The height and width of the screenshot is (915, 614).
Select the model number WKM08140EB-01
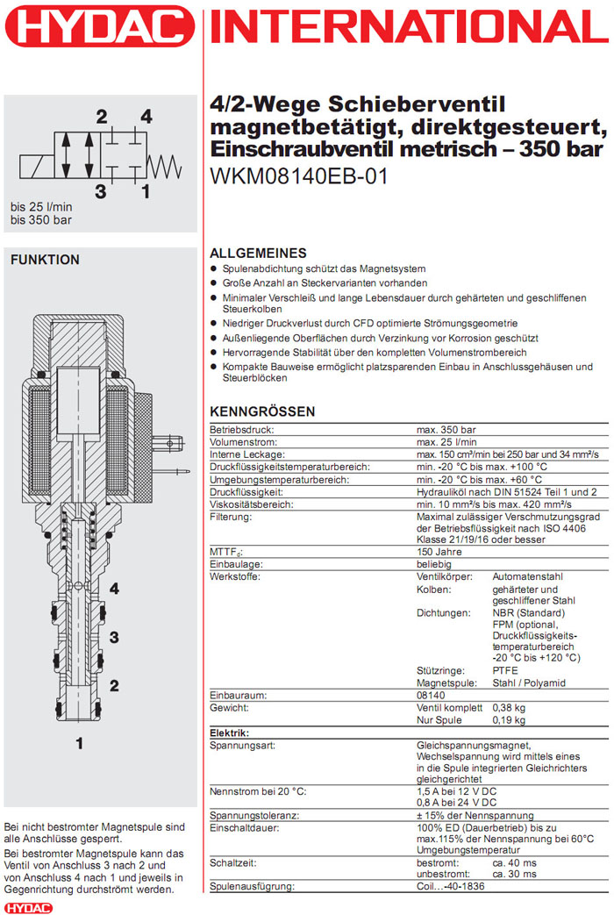point(299,175)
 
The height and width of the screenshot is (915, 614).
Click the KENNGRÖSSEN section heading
point(262,411)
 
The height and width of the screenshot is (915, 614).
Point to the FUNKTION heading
point(45,260)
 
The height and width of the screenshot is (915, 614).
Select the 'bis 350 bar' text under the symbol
point(41,220)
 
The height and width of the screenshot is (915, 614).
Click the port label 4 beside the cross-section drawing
point(114,588)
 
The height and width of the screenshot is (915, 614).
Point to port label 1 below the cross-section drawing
point(79,744)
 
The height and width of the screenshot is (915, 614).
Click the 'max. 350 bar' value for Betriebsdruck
point(446,430)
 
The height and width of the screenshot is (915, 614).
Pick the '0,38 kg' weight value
point(508,707)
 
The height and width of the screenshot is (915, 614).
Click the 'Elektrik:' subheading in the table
point(230,733)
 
